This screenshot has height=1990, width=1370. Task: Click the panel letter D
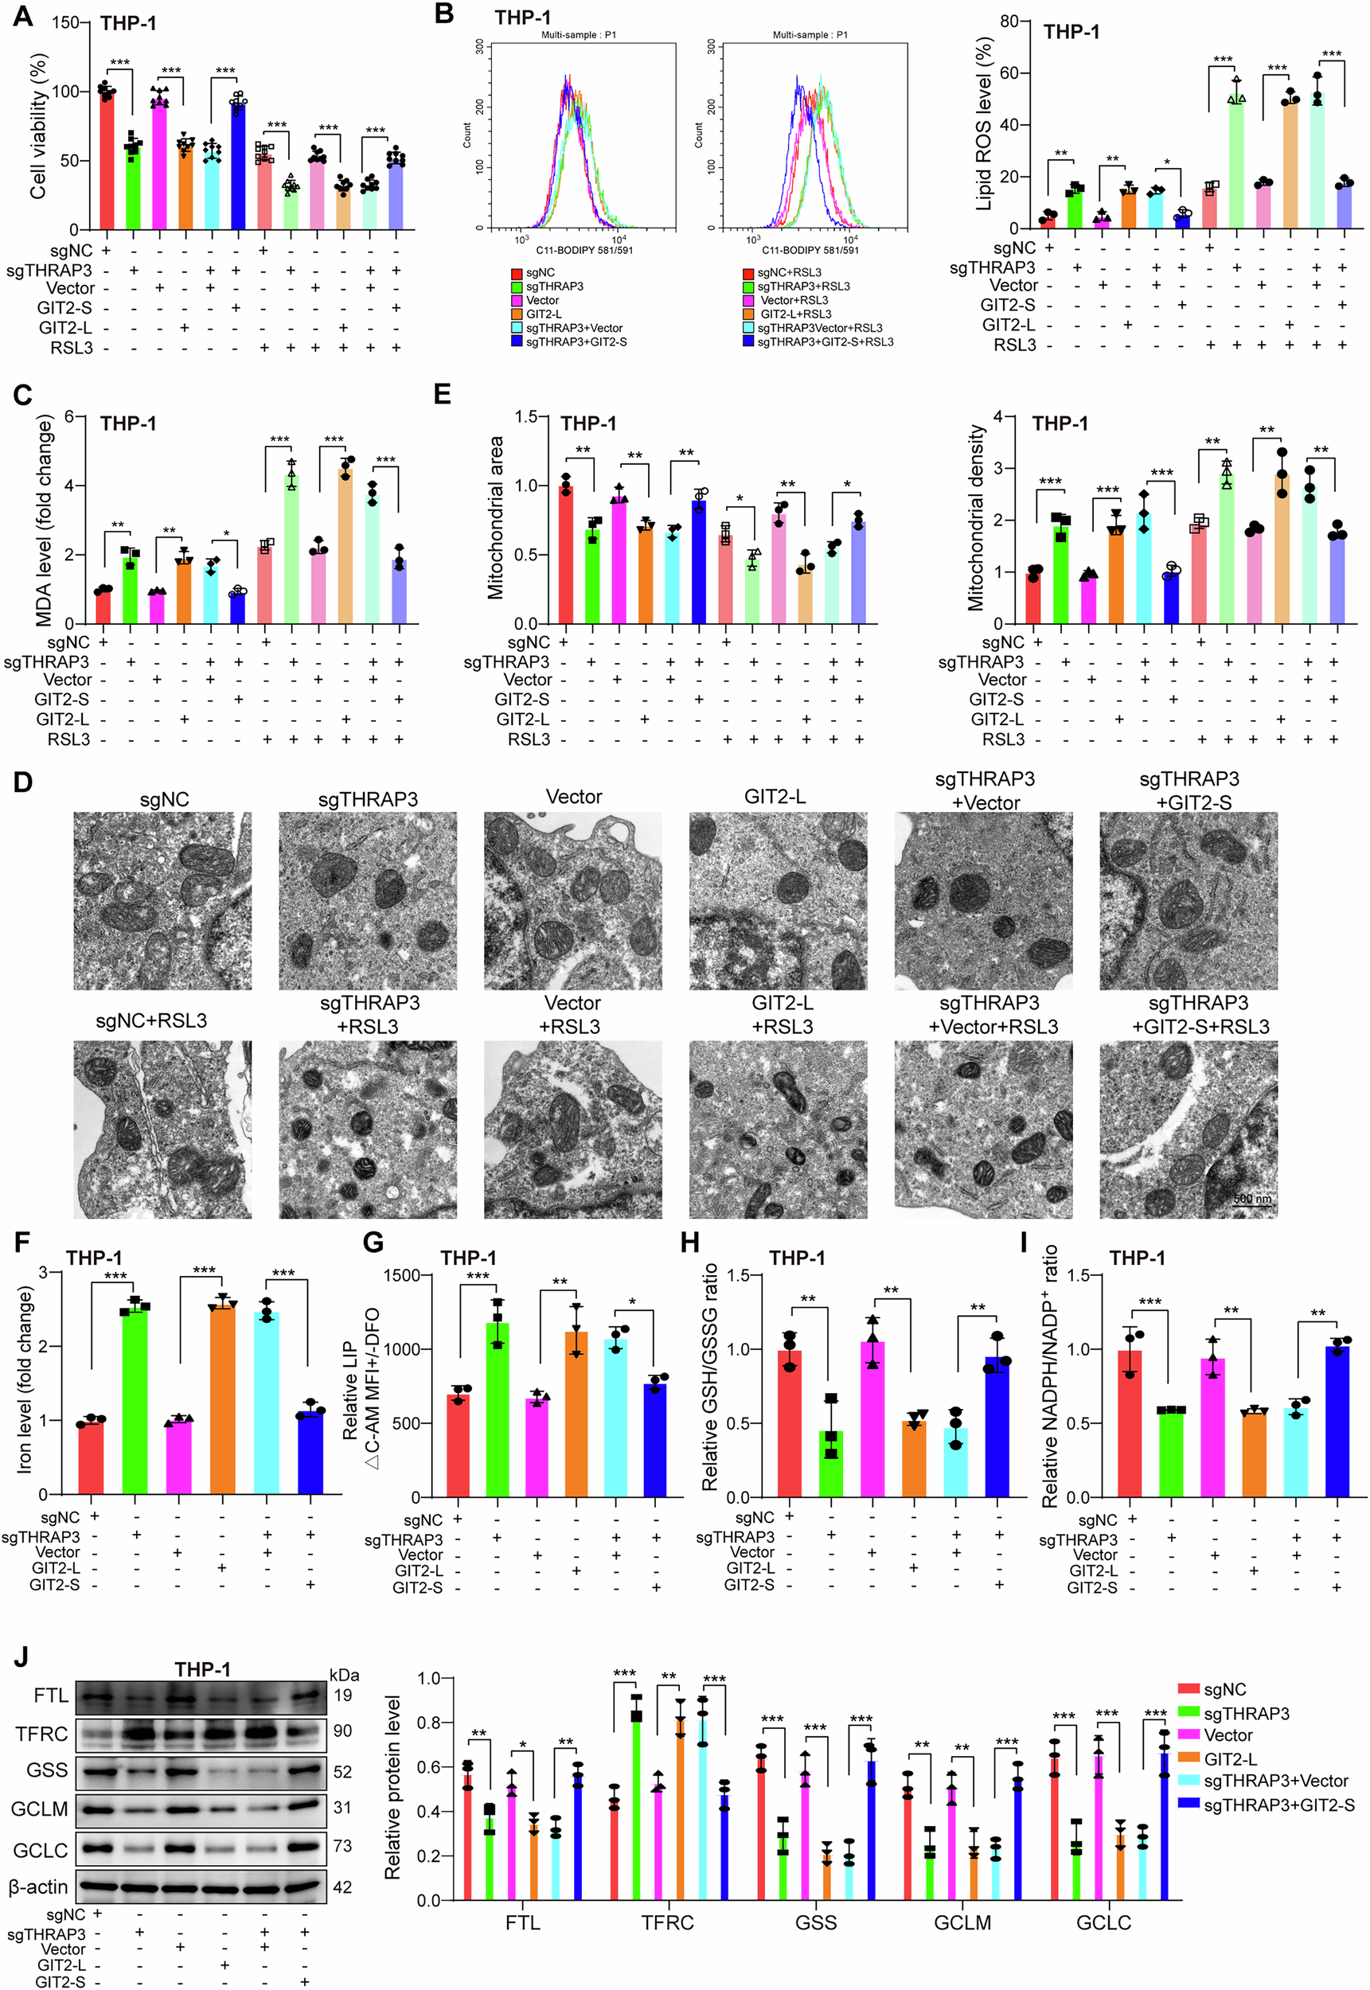click(23, 782)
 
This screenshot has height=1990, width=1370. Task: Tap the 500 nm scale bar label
click(1252, 1198)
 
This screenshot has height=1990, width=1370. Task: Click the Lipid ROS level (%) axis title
click(984, 124)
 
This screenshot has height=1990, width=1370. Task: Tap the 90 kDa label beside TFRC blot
click(342, 1731)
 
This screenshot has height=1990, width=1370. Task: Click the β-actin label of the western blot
click(37, 1887)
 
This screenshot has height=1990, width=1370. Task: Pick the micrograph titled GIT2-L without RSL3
click(778, 901)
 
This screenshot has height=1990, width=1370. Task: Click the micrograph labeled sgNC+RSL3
click(162, 1130)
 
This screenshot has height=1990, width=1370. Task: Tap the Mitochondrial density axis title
click(975, 517)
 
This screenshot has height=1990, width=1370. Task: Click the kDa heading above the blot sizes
click(343, 1675)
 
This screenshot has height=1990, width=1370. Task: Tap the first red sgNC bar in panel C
click(103, 606)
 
